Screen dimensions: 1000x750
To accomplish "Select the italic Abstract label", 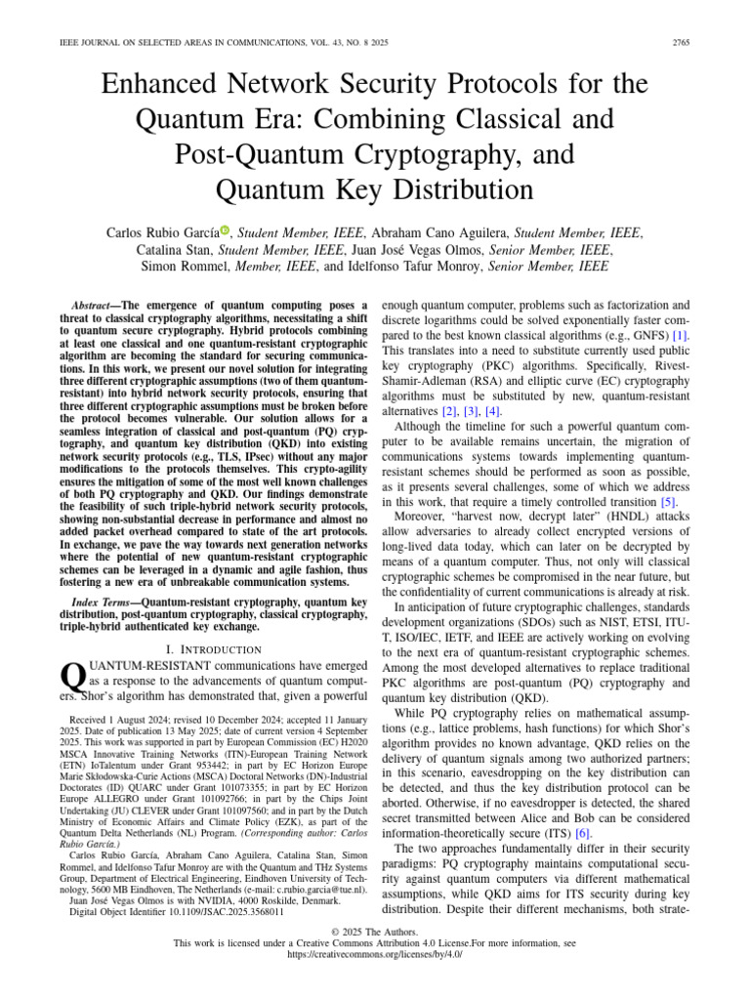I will pyautogui.click(x=96, y=306).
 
